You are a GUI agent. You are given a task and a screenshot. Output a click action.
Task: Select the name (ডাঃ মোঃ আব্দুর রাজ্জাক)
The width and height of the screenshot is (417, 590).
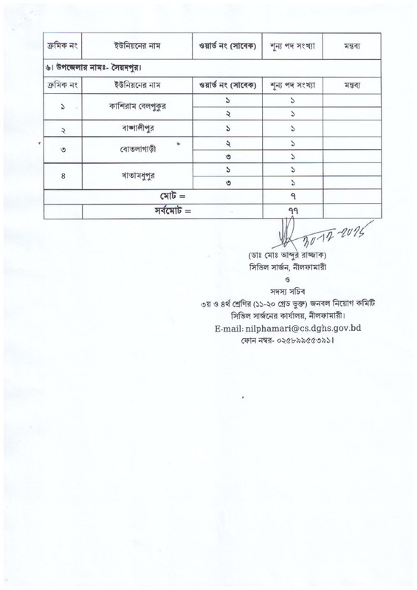pyautogui.click(x=293, y=255)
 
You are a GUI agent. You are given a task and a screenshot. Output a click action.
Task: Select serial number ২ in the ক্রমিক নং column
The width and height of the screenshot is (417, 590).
pyautogui.click(x=62, y=128)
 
